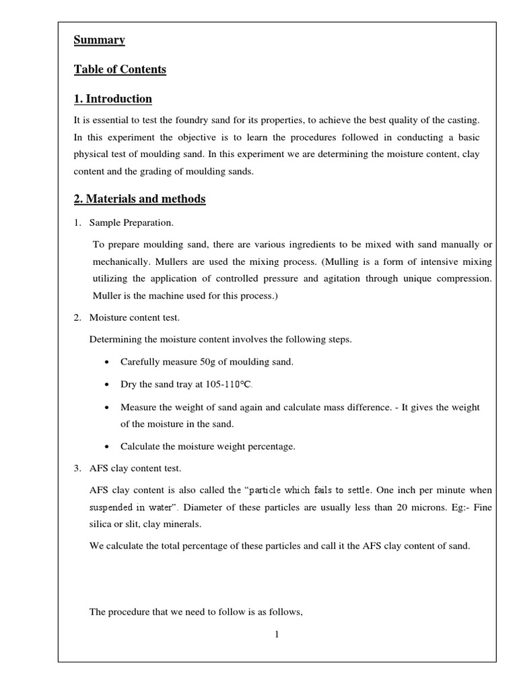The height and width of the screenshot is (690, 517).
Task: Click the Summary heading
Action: coord(99,40)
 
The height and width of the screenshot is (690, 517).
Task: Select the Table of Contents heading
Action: coord(120,69)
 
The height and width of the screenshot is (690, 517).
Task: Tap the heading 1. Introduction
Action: coord(112,99)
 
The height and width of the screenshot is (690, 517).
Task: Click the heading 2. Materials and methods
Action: coord(139,199)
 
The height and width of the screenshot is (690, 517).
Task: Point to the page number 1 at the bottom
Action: coord(277,634)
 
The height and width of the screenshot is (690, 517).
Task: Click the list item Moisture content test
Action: coord(135,317)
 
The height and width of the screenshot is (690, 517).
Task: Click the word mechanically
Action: coord(120,261)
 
